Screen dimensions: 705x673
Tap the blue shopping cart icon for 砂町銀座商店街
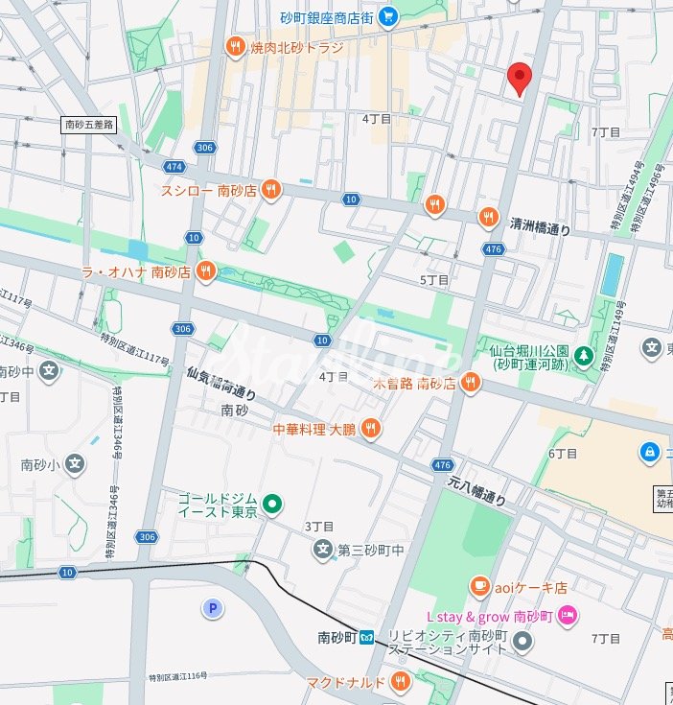point(387,15)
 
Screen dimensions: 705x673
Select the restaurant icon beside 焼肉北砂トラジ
point(235,46)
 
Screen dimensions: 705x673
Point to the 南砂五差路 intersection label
point(89,125)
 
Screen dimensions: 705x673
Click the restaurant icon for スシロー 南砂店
point(271,190)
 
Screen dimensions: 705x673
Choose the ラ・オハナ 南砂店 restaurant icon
point(205,272)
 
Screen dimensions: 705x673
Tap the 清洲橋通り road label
point(540,229)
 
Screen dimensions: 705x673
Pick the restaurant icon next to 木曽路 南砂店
point(469,384)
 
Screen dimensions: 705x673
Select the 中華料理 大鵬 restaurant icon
point(370,429)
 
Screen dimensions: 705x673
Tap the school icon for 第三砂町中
point(322,550)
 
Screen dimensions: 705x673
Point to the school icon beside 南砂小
point(76,465)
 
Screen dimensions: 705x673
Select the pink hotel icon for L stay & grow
point(567,615)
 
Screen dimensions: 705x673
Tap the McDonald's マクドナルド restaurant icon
point(401,682)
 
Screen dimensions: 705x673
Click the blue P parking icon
point(211,608)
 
